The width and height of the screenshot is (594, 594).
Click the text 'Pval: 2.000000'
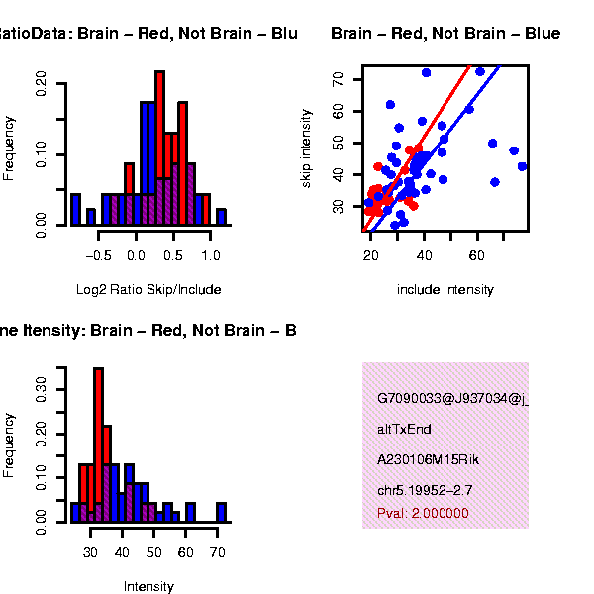click(x=423, y=514)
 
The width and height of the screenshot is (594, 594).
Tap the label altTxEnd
click(x=404, y=430)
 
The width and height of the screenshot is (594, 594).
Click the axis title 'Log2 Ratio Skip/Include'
click(x=148, y=290)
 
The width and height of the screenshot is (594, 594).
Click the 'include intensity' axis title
click(x=445, y=290)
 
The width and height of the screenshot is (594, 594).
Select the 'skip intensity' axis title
click(x=307, y=148)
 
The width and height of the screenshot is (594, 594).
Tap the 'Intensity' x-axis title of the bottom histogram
click(x=148, y=586)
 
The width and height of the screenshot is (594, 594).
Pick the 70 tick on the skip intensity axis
click(x=340, y=77)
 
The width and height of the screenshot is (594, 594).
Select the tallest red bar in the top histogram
click(x=159, y=148)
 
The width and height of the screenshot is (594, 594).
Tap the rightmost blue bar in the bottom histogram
click(x=222, y=512)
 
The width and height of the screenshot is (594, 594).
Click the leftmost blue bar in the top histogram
click(x=76, y=209)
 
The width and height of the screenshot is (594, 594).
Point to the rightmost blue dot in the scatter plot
click(x=523, y=166)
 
